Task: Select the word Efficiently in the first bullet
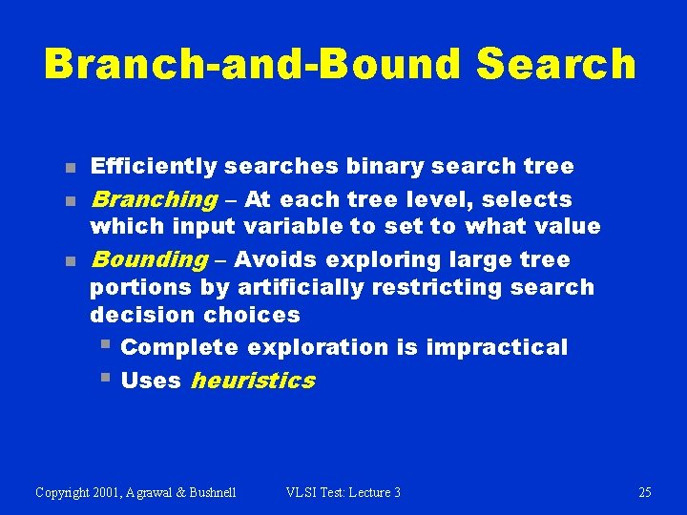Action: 154,167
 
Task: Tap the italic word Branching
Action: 154,200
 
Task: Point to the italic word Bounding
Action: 149,259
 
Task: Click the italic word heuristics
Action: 253,381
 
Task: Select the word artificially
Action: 291,287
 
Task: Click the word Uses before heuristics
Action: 151,381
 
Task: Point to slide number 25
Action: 645,492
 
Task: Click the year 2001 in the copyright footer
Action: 109,492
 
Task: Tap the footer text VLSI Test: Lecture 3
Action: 343,492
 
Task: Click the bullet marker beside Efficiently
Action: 70,168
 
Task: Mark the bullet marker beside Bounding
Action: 70,260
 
